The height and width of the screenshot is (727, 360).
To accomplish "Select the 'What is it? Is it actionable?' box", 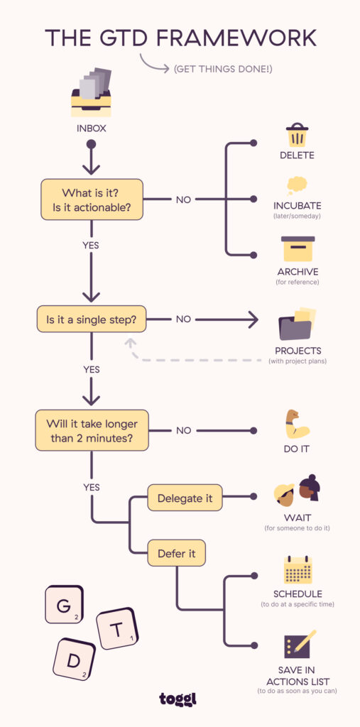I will click(92, 199).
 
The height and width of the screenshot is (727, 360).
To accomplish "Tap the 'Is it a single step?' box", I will click(91, 319).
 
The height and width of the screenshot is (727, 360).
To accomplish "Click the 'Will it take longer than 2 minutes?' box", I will click(92, 430).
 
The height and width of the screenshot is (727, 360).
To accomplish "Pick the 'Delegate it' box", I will click(185, 498).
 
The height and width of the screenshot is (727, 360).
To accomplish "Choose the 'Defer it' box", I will click(176, 553).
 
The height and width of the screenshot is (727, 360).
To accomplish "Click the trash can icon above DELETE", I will click(296, 136).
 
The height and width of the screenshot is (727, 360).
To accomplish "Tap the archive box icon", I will click(298, 249).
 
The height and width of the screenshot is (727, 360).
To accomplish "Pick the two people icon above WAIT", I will click(297, 490).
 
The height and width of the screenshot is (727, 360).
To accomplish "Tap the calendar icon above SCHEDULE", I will click(298, 570).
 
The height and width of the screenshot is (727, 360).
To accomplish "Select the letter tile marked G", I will click(65, 604).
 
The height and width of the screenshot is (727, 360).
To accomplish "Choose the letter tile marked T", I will click(117, 628).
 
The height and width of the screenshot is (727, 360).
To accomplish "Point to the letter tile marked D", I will click(74, 659).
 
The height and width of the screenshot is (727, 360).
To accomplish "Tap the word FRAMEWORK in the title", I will click(240, 38).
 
